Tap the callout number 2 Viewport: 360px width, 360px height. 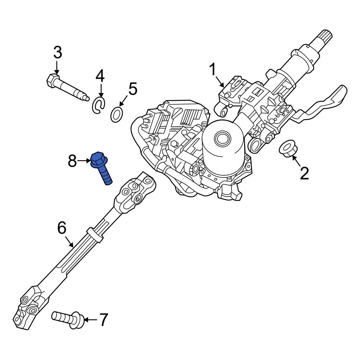point(304,174)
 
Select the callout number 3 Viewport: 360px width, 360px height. point(58,53)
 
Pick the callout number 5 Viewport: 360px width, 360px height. point(132,89)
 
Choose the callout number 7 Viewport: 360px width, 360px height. point(103,320)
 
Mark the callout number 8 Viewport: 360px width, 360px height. point(72,161)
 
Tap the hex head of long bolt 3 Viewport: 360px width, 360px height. point(53,80)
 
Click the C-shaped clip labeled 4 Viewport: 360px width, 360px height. point(98,105)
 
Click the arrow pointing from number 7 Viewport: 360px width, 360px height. point(91,319)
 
